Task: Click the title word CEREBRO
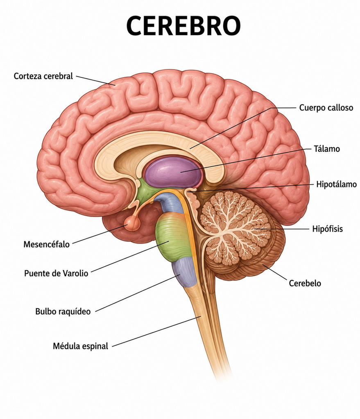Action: pos(183,25)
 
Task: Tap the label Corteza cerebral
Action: pos(43,76)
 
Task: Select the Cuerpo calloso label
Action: pos(326,108)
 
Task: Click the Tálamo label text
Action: pos(327,149)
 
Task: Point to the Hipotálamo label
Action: pos(337,185)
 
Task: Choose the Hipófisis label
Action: pos(327,229)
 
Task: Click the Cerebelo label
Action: pos(305,283)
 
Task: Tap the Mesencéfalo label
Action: pos(47,244)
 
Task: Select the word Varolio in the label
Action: pos(75,273)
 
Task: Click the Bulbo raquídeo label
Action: pos(63,311)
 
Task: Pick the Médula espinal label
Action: pos(81,346)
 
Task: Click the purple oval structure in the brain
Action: pos(173,172)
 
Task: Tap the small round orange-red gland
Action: pos(132,223)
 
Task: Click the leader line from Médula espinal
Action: pos(156,331)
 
